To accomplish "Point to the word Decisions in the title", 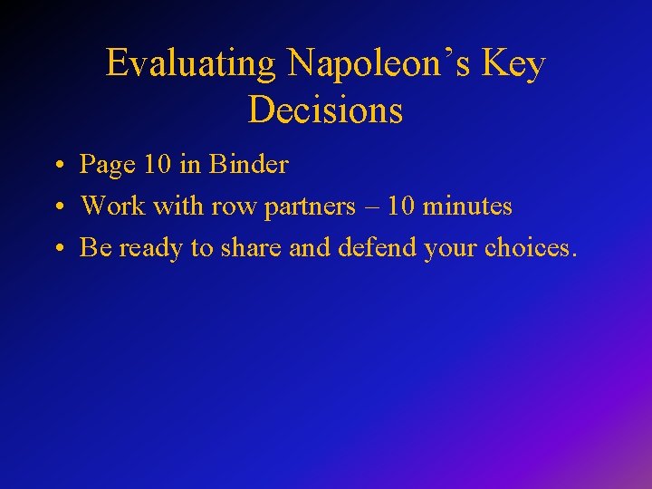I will pos(325,110).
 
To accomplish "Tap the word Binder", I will pos(249,165).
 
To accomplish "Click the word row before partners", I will pos(232,206).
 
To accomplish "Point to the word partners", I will pos(308,206).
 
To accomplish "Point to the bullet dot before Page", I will pos(58,167).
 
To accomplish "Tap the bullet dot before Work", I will pos(58,208).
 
